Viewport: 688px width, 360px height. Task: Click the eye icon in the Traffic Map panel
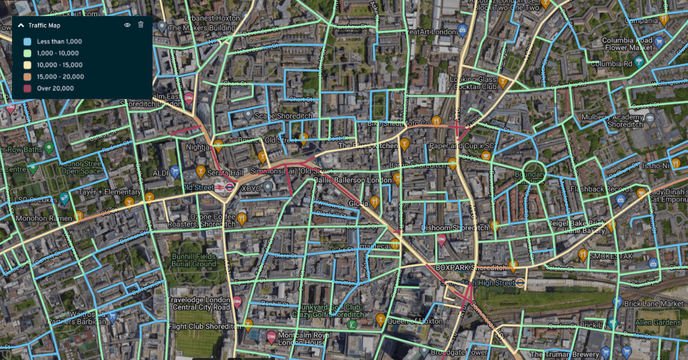[127, 25]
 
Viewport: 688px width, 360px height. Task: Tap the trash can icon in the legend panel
[141, 25]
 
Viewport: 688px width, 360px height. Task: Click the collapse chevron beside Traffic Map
[21, 25]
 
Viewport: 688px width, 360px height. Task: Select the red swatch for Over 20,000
[27, 88]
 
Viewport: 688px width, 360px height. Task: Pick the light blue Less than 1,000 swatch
[27, 42]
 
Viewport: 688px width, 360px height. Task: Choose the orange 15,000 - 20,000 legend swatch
[27, 77]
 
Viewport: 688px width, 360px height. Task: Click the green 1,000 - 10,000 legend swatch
[27, 53]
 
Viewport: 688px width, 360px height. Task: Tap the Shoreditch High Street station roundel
[519, 282]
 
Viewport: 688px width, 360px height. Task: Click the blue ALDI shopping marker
[175, 171]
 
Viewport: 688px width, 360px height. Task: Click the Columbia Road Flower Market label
[627, 44]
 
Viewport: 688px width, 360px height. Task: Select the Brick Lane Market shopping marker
[617, 302]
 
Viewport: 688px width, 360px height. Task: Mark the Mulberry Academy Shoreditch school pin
[650, 119]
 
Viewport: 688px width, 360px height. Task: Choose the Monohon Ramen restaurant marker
[78, 216]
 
